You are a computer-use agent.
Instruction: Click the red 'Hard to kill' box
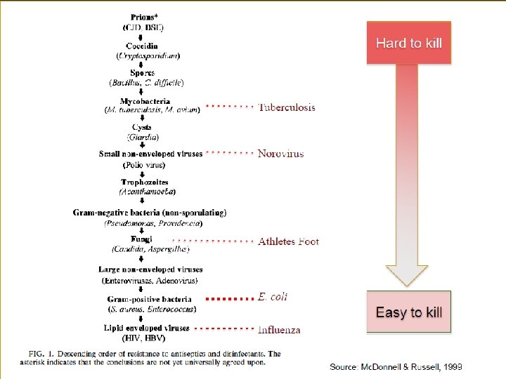coord(408,43)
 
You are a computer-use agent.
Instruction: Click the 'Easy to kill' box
coord(408,312)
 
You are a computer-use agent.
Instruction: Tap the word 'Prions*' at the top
coord(145,16)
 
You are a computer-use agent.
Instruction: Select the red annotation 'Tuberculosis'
coord(287,107)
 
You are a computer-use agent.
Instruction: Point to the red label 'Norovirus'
coord(280,153)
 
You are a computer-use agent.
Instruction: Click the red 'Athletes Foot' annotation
coord(288,241)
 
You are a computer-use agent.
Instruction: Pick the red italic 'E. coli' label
coord(273,297)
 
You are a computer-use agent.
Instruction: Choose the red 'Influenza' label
coord(279,329)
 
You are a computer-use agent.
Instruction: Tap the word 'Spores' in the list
coord(143,72)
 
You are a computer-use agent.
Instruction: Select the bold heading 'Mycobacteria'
coord(145,101)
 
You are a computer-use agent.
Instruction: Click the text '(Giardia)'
coord(143,136)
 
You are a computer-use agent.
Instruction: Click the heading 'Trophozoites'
coord(144,182)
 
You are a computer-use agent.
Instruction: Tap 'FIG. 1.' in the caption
coord(41,353)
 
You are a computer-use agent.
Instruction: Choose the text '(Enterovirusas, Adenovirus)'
coord(150,280)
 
